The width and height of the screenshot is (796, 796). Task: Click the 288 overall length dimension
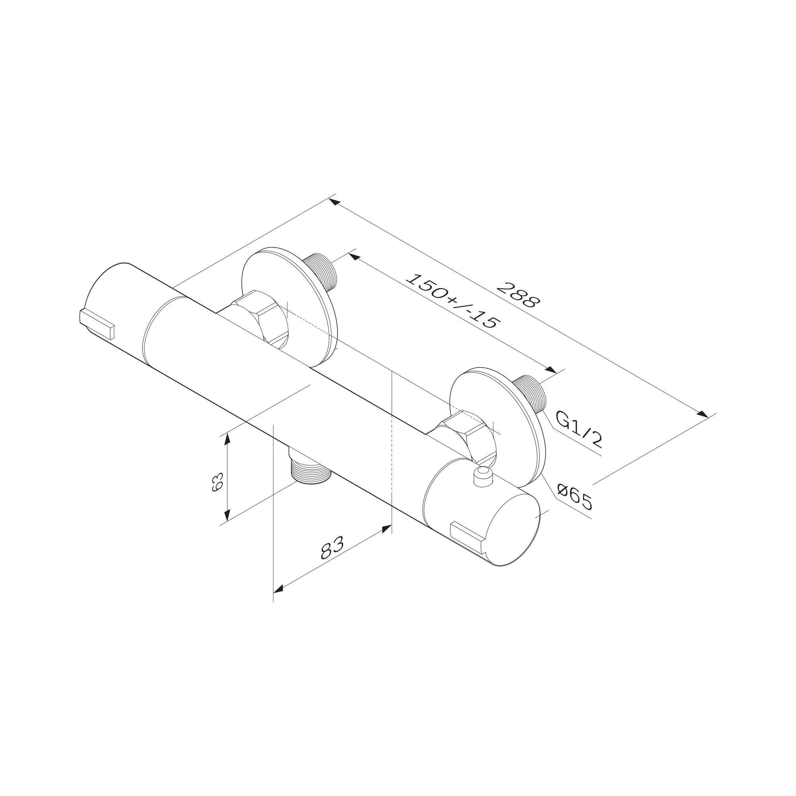(x=518, y=295)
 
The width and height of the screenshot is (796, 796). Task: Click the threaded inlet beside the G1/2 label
(x=531, y=393)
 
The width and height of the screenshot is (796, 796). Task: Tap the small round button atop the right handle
(x=483, y=476)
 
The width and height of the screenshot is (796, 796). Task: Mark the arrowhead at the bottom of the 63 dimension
(x=226, y=515)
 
